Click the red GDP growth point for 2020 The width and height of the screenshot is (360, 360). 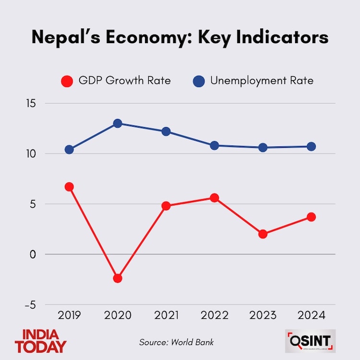pyautogui.click(x=118, y=278)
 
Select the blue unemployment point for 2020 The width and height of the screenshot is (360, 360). pyautogui.click(x=118, y=123)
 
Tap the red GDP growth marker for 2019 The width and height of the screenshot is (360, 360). pyautogui.click(x=69, y=187)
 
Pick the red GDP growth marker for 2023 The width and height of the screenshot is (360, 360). pyautogui.click(x=263, y=234)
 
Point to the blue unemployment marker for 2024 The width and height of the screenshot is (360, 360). pyautogui.click(x=311, y=146)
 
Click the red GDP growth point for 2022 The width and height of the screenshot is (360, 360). pyautogui.click(x=214, y=198)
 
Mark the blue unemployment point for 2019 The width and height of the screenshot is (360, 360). pyautogui.click(x=69, y=150)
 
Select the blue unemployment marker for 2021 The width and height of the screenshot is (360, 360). pyautogui.click(x=166, y=132)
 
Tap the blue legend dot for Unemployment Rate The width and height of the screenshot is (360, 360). pyautogui.click(x=198, y=81)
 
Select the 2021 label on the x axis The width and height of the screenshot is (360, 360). pyautogui.click(x=166, y=316)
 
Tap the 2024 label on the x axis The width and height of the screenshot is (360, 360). pyautogui.click(x=311, y=316)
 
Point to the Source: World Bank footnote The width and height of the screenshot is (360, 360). pyautogui.click(x=177, y=342)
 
